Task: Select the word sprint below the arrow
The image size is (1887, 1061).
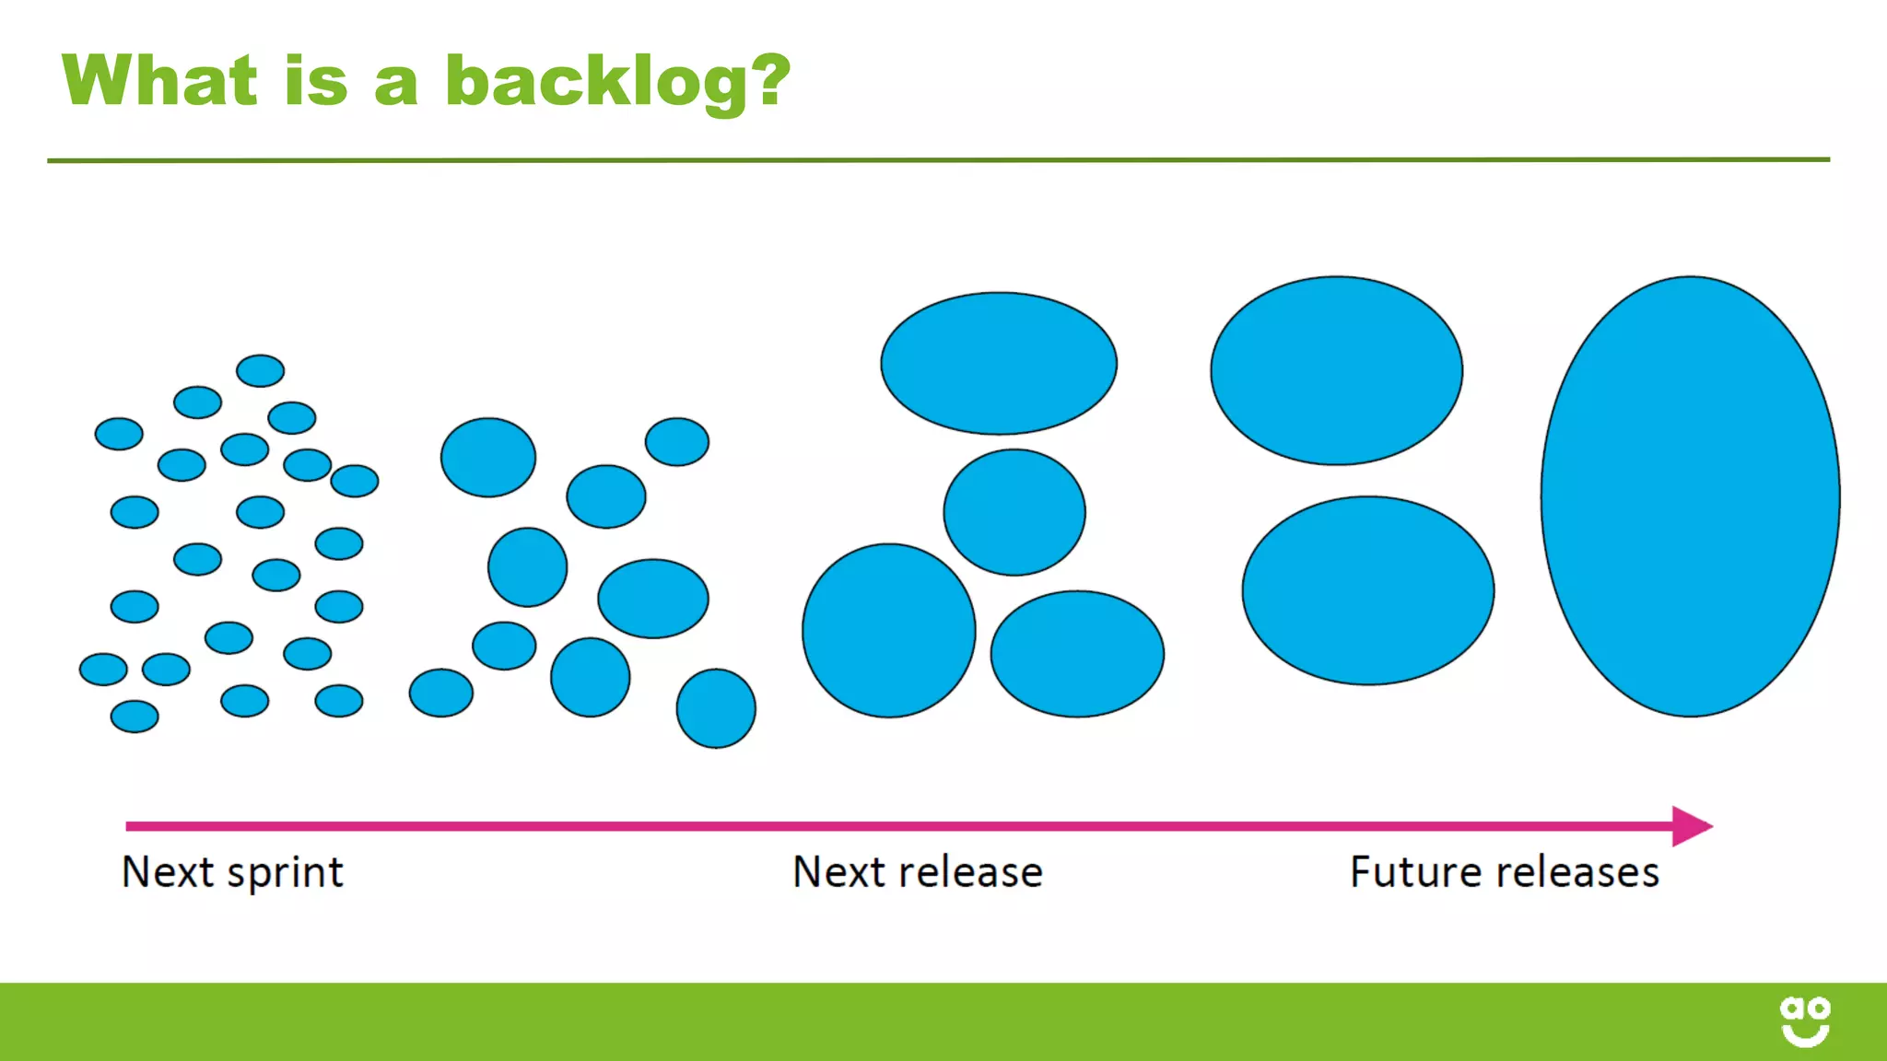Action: pos(285,872)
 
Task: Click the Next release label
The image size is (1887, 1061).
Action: pos(917,871)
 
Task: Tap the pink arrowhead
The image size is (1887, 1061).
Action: pos(1690,826)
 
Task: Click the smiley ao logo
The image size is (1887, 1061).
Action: pos(1804,1021)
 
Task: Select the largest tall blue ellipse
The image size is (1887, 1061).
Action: pos(1690,496)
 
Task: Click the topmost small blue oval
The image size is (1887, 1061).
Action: pos(260,370)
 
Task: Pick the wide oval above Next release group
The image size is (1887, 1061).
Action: pos(998,363)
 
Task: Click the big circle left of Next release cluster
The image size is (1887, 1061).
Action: pos(888,631)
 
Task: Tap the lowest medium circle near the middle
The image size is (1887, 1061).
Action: pos(716,708)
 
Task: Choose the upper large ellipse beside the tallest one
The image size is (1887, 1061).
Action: pos(1336,370)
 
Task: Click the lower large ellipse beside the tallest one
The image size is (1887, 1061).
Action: pos(1367,590)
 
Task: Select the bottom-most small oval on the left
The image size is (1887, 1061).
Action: pos(135,716)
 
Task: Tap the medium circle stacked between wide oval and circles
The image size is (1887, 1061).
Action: pos(1014,512)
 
